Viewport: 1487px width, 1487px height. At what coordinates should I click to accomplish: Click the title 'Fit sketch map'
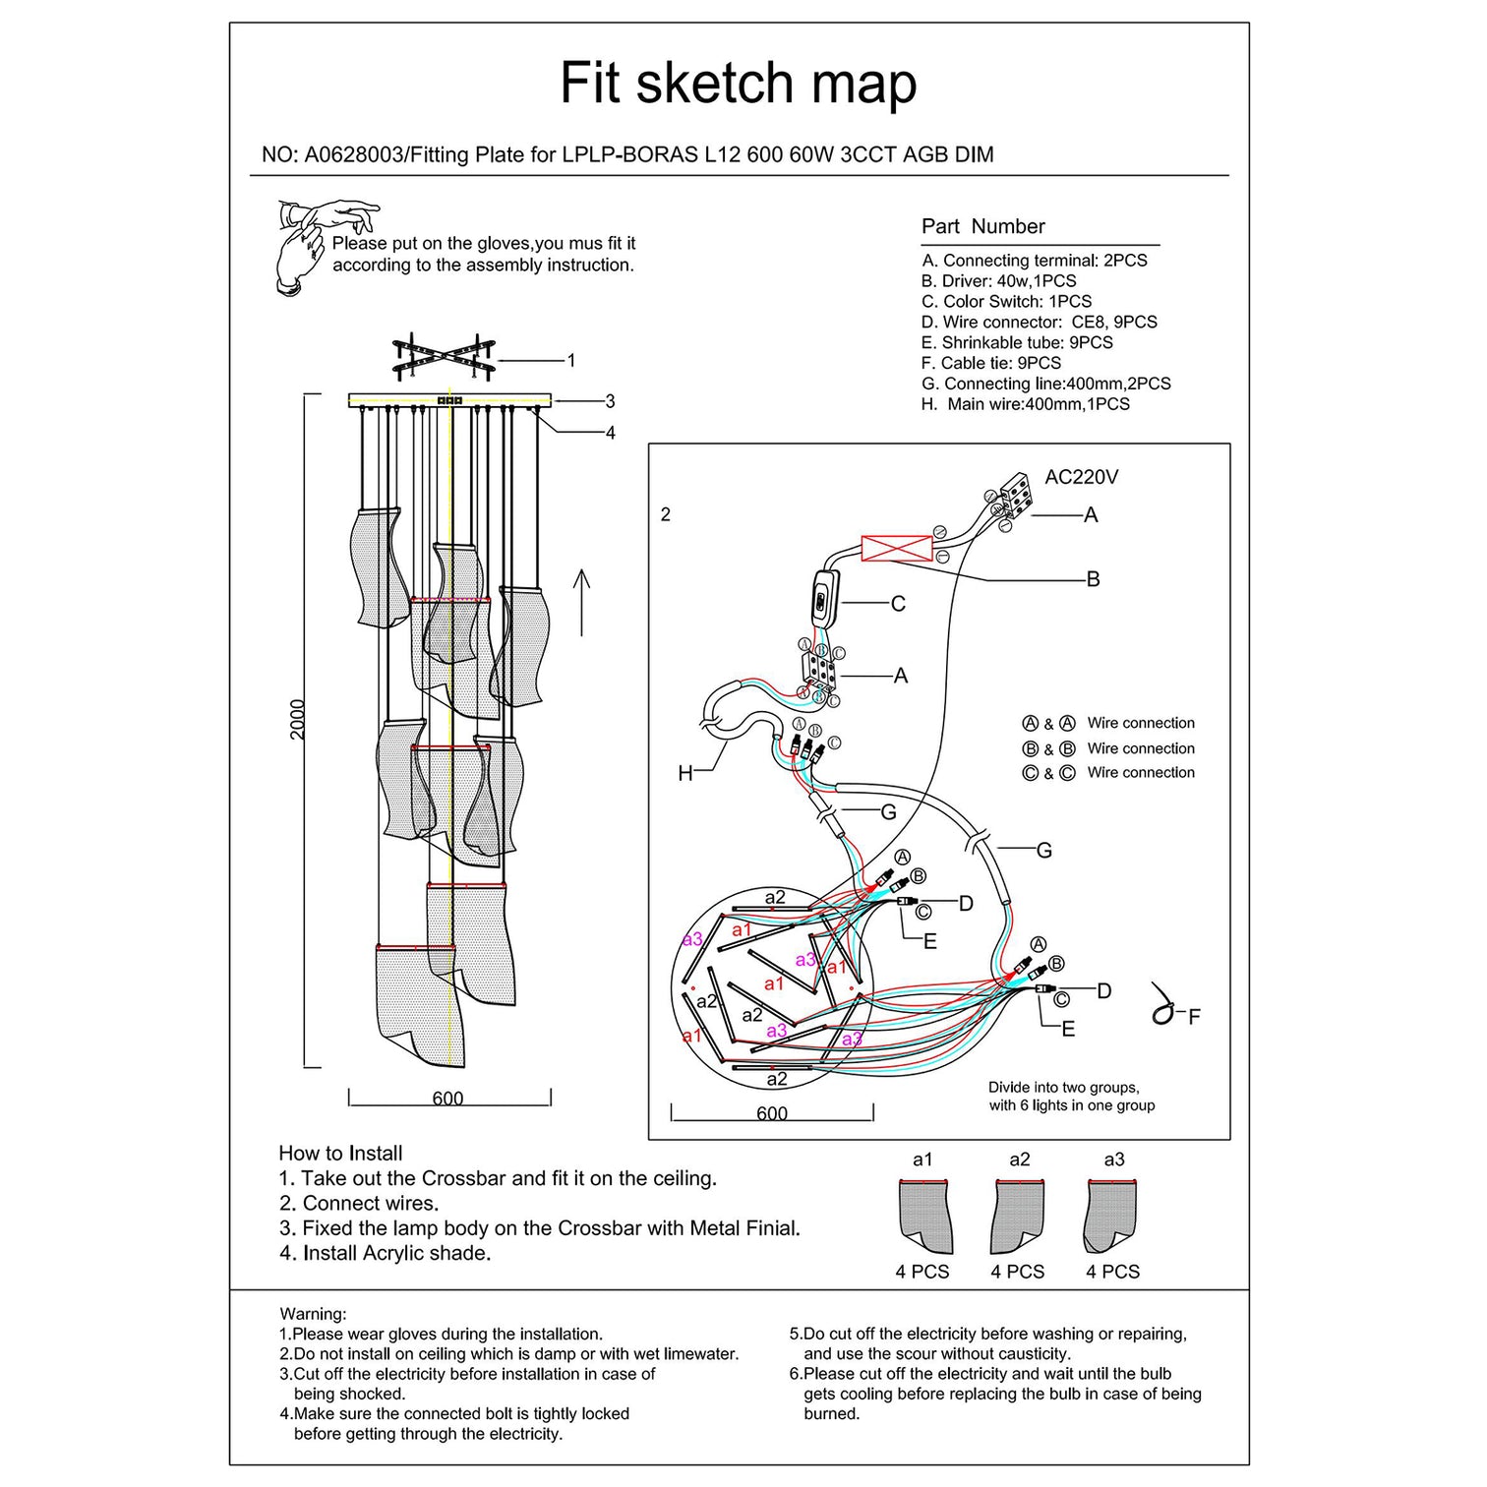[738, 83]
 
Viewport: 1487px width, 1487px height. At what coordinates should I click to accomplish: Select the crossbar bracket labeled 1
[444, 356]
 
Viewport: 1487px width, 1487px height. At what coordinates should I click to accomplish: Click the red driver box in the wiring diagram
[896, 548]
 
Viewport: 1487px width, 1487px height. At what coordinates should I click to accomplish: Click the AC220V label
[1081, 477]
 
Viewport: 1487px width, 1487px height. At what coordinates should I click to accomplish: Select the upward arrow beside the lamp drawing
[581, 602]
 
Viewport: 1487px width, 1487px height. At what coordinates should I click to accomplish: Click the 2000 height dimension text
[298, 720]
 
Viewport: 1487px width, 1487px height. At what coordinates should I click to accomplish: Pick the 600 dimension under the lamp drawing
[447, 1099]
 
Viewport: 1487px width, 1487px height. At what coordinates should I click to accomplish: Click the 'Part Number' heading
[982, 226]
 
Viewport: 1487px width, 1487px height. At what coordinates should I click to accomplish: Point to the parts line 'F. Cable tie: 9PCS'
[990, 363]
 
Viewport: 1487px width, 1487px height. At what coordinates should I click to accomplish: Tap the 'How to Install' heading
[340, 1154]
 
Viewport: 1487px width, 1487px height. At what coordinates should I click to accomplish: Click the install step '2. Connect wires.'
[359, 1203]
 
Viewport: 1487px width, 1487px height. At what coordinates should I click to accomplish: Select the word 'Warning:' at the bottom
[313, 1314]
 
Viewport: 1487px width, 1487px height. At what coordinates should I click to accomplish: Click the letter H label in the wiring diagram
[685, 773]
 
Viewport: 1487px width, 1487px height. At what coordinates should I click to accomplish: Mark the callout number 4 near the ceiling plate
[610, 433]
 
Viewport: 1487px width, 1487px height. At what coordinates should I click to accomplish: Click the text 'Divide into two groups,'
[1063, 1088]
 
